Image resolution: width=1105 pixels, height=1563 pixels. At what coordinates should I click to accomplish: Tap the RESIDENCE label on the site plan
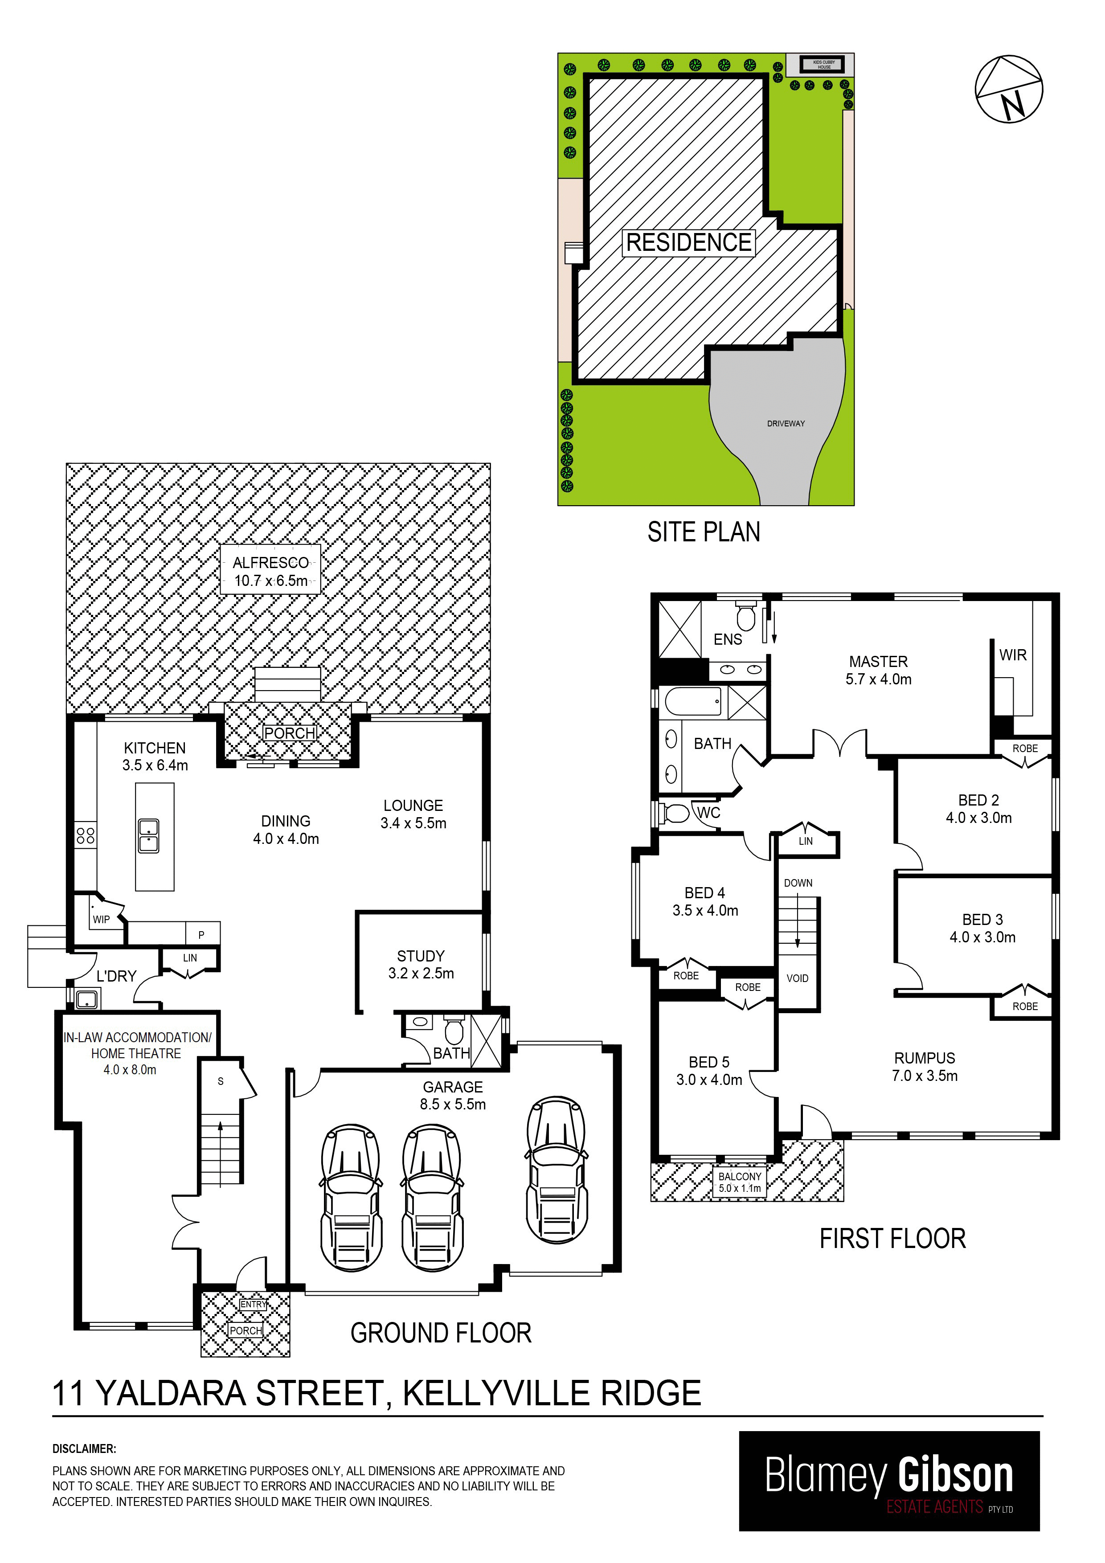point(688,242)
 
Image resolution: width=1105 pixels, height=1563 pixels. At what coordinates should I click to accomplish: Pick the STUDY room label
point(421,956)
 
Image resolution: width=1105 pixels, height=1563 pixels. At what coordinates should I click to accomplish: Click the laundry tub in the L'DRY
point(86,999)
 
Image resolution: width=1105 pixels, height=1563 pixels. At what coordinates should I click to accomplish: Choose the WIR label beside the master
point(1012,655)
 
